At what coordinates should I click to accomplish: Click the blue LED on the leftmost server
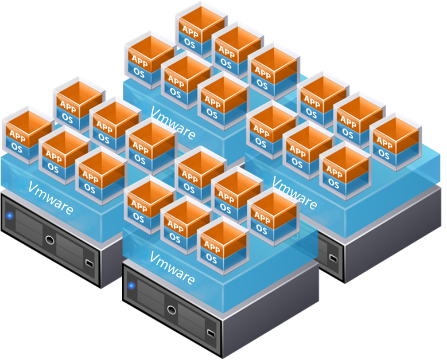pos(10,216)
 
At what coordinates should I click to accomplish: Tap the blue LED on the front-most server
pos(131,285)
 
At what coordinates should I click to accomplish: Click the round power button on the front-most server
pos(172,310)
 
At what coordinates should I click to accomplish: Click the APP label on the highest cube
pos(190,28)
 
